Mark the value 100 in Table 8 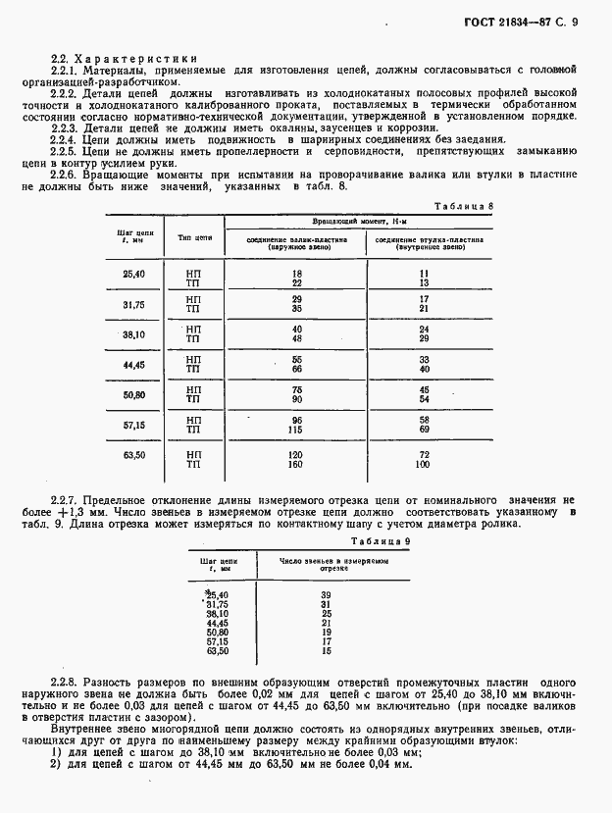[x=424, y=465]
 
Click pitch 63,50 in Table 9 [x=217, y=651]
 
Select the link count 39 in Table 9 [x=326, y=595]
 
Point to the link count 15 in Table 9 [x=326, y=651]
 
